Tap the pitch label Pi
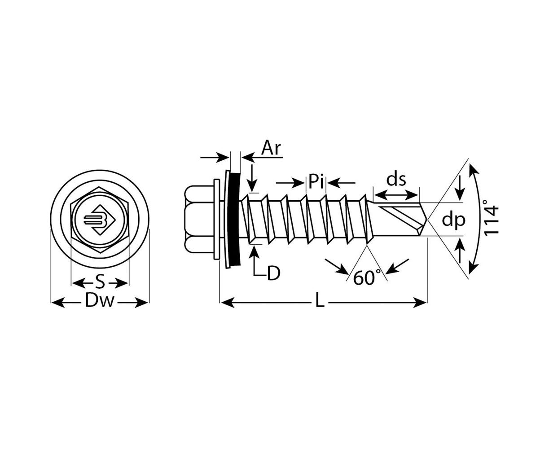point(316,182)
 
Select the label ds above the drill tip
point(396,180)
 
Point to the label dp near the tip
point(453,220)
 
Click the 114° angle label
point(492,219)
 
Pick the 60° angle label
point(367,278)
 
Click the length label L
point(319,302)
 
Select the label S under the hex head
point(100,283)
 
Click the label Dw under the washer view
point(100,302)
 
